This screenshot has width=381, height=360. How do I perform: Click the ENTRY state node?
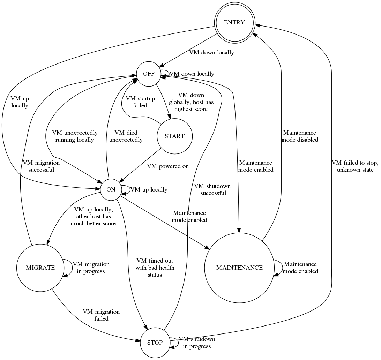234,23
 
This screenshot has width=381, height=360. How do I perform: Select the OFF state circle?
149,74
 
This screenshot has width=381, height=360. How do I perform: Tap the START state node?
174,136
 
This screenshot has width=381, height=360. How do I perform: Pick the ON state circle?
111,190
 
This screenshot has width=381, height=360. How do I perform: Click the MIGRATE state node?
40,268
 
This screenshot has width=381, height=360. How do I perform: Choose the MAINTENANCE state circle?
239,268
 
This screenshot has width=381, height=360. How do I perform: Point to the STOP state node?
155,343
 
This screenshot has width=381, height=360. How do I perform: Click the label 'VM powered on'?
168,166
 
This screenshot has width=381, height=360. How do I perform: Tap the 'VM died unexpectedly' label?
126,136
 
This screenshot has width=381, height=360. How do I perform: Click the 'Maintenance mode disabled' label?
300,136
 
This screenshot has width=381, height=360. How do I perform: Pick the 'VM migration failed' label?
101,315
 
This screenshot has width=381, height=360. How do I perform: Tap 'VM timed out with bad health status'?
155,268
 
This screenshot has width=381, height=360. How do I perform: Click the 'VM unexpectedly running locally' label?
75,136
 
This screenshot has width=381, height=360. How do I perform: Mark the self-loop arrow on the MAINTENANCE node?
278,268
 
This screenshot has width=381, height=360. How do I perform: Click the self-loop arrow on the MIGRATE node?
69,268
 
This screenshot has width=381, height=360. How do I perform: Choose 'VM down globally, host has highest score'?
191,102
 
